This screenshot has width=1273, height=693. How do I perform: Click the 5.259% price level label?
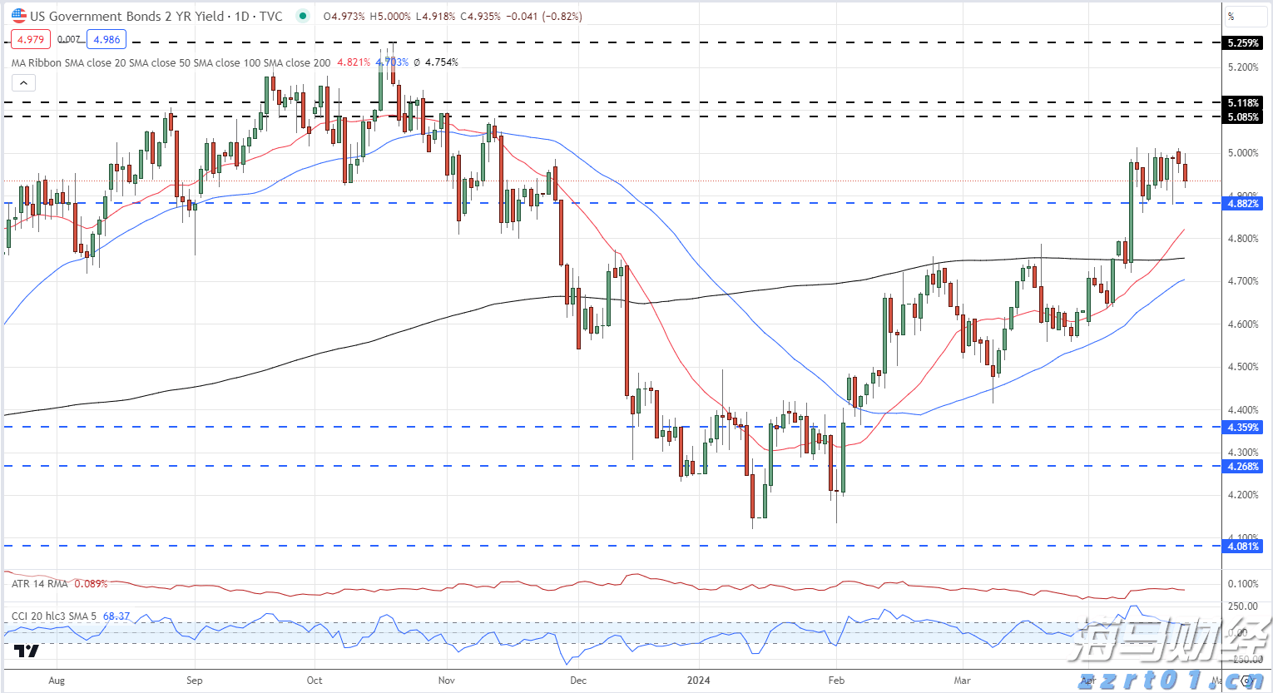[x=1243, y=42]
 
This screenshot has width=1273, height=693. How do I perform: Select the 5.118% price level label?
[x=1243, y=103]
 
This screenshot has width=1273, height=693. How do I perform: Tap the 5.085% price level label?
[x=1243, y=117]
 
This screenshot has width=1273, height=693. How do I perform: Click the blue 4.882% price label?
[x=1243, y=203]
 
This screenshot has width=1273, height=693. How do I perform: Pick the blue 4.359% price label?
[x=1243, y=427]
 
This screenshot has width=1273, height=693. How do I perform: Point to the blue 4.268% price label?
[x=1243, y=466]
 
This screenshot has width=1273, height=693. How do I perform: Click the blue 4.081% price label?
[x=1243, y=546]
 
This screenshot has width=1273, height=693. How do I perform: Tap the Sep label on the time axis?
[x=194, y=680]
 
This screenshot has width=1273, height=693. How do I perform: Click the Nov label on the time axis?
[x=447, y=680]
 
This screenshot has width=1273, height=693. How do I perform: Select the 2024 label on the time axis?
[x=699, y=680]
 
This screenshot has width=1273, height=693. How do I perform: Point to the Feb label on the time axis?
[x=836, y=680]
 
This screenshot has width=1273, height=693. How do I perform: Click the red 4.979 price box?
[x=31, y=39]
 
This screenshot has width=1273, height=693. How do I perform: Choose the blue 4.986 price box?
[x=106, y=39]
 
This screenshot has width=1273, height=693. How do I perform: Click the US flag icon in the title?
[x=18, y=16]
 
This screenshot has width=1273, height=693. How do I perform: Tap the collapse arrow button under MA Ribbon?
[x=23, y=82]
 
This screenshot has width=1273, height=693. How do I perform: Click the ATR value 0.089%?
[x=91, y=584]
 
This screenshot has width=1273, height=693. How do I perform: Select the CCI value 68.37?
[x=116, y=616]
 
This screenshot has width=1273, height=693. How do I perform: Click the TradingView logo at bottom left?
[x=27, y=651]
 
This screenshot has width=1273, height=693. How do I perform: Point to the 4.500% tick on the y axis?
[x=1243, y=367]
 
